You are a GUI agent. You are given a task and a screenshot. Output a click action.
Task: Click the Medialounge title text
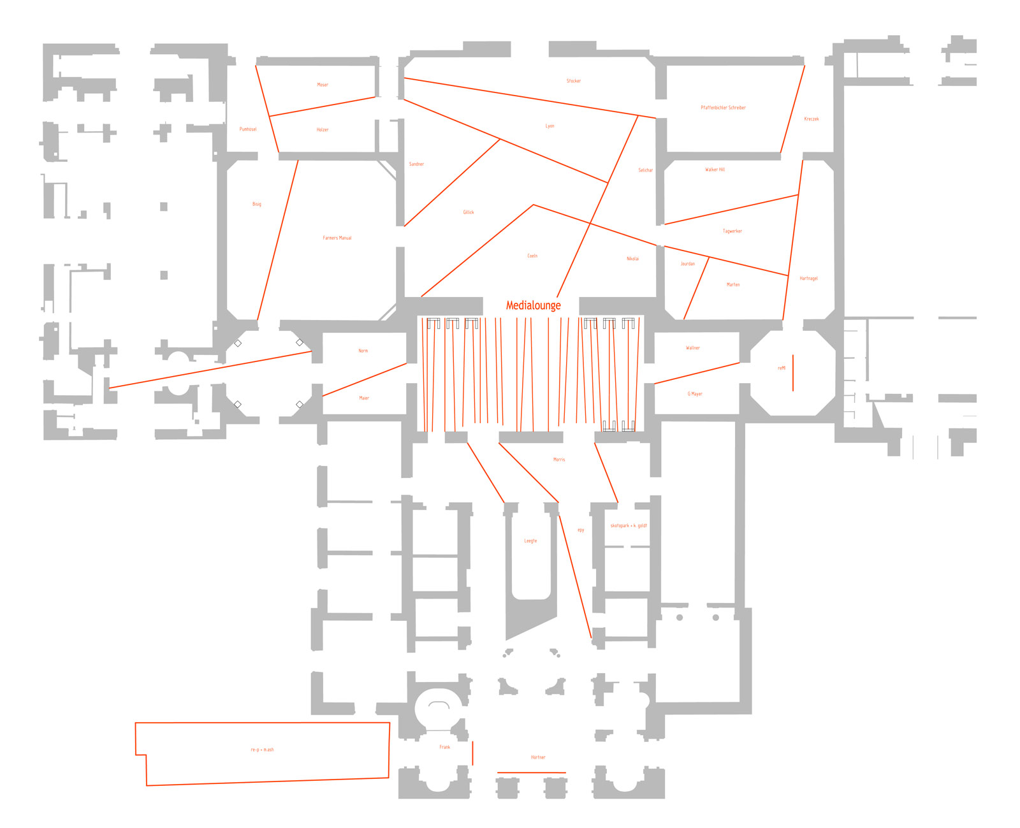click(533, 305)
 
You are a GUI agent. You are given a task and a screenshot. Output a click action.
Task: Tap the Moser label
click(323, 85)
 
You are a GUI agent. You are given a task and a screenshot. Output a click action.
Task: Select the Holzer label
click(323, 130)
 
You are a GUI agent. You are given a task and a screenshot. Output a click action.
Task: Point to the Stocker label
click(574, 81)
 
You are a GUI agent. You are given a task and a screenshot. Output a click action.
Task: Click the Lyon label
click(550, 126)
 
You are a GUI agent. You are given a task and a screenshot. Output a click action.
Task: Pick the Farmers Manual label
click(337, 238)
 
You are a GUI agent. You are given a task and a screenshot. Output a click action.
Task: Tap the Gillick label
click(469, 212)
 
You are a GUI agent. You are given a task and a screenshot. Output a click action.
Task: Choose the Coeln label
click(532, 256)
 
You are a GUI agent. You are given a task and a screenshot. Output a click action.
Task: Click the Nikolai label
click(632, 259)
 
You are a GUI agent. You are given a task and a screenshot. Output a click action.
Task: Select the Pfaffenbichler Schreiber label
click(723, 108)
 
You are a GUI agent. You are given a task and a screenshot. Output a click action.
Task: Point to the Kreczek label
click(812, 119)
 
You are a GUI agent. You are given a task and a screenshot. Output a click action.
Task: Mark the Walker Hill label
click(715, 170)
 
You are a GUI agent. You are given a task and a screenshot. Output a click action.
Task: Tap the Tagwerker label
click(732, 231)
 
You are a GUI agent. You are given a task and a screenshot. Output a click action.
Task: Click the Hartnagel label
click(808, 279)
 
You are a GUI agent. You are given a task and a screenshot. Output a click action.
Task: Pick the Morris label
click(559, 460)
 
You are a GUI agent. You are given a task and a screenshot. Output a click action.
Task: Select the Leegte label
click(530, 541)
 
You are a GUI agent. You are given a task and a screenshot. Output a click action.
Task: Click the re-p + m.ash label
click(262, 750)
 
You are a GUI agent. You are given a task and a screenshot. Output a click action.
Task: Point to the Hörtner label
click(538, 757)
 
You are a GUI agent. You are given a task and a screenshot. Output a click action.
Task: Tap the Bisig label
click(257, 205)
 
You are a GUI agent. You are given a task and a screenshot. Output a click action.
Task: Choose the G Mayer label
click(695, 394)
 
